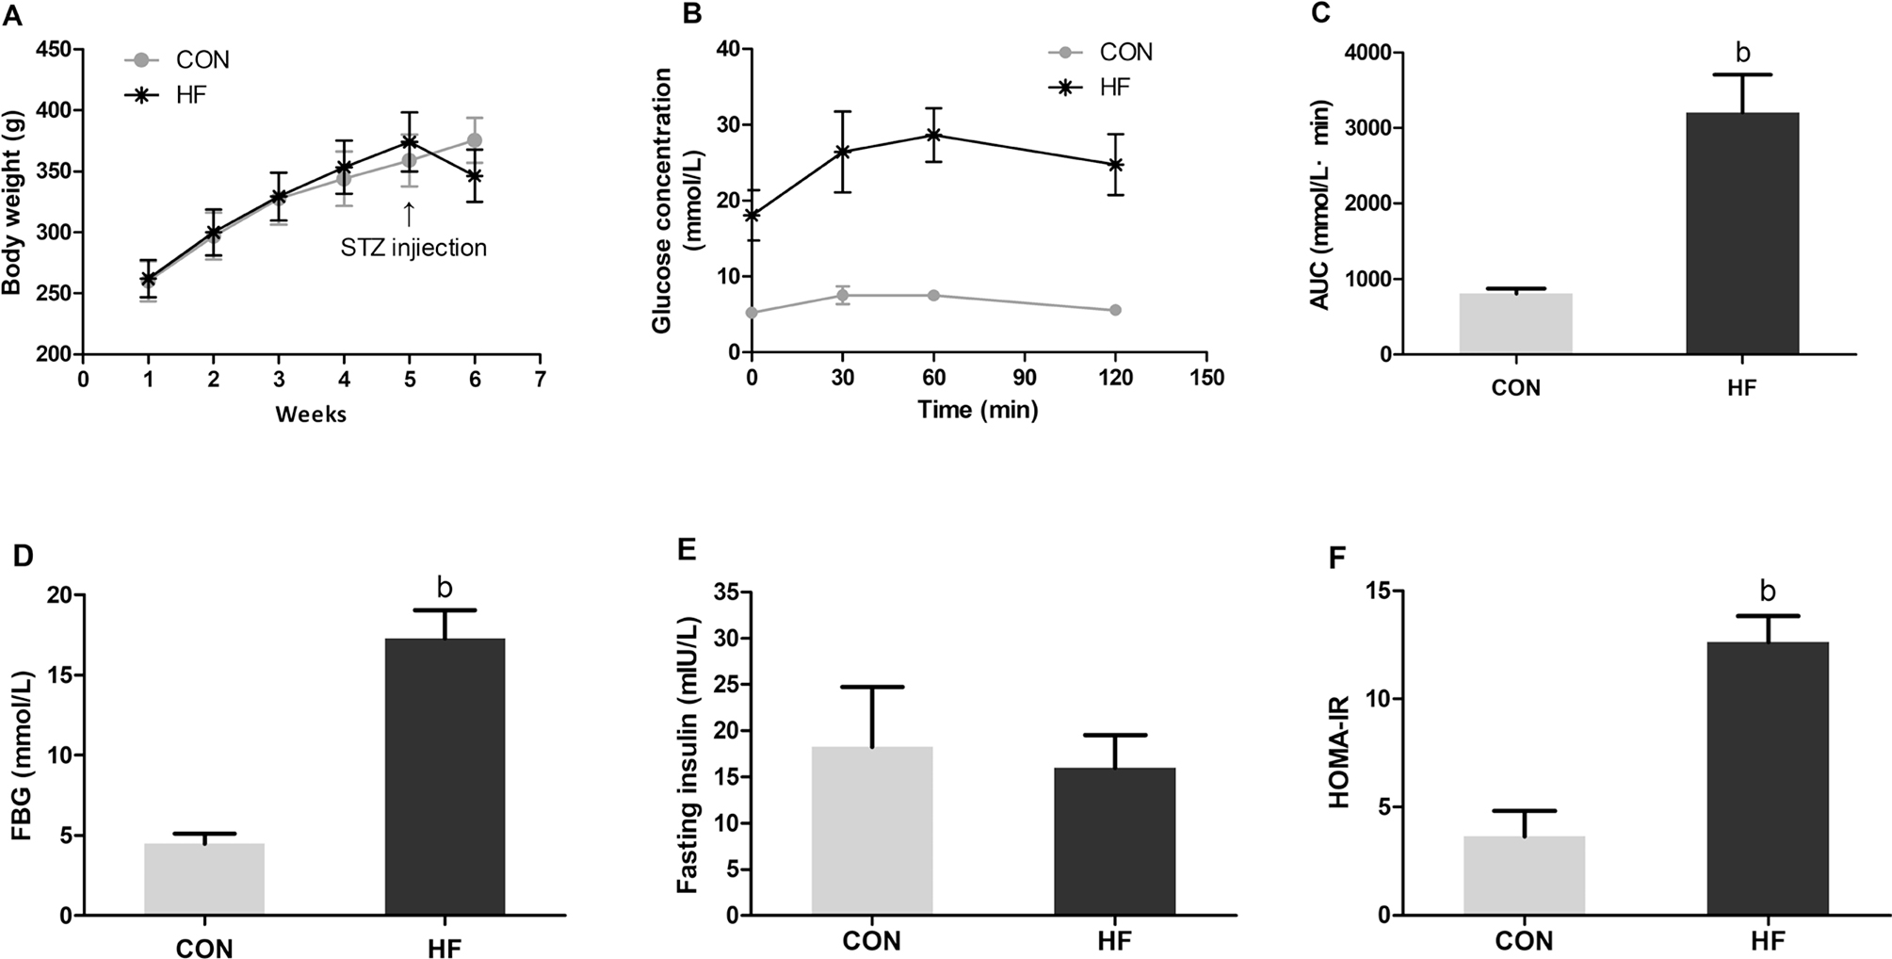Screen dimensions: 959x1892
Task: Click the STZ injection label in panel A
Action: pyautogui.click(x=413, y=248)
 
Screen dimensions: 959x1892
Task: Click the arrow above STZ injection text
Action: pyautogui.click(x=409, y=214)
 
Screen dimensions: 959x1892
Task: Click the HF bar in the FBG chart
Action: pyautogui.click(x=445, y=776)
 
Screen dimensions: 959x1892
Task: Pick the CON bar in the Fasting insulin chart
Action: pyautogui.click(x=872, y=830)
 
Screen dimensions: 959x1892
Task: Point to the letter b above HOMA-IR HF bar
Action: pyautogui.click(x=1768, y=592)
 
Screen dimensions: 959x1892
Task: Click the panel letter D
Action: pyautogui.click(x=23, y=555)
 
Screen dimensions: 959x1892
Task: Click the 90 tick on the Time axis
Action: pyautogui.click(x=1025, y=378)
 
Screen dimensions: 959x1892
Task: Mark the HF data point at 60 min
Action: pyautogui.click(x=933, y=135)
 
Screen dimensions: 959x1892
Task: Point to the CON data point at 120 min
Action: pyautogui.click(x=1115, y=310)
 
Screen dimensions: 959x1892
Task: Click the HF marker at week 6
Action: pyautogui.click(x=475, y=175)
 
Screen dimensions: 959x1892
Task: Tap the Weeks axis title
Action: pyautogui.click(x=311, y=414)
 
